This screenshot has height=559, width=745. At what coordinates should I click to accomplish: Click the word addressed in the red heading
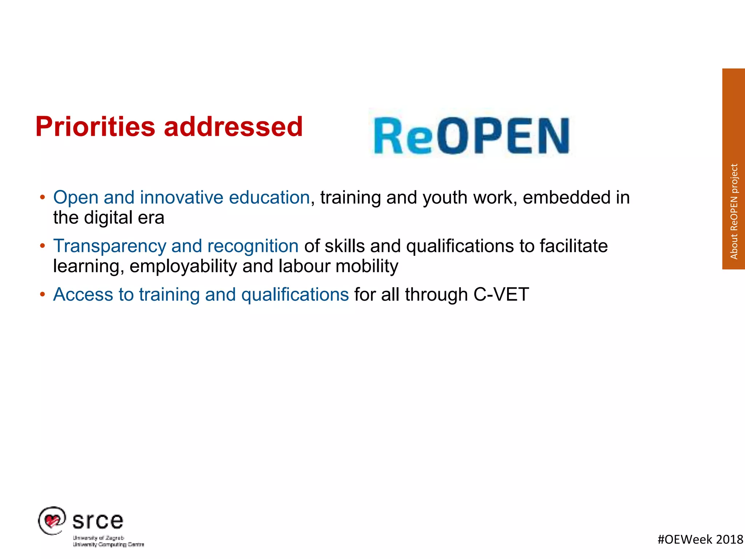point(233,127)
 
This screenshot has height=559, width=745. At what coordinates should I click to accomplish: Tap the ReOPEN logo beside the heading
point(471,136)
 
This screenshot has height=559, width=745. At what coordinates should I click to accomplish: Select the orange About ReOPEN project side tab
point(733,169)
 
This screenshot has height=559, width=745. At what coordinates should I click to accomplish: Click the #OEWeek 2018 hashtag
point(700,539)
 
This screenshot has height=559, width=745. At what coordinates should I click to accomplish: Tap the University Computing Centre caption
point(108,544)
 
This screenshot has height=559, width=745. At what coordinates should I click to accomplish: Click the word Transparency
point(109,246)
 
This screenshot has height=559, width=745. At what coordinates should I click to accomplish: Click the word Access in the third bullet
point(83,294)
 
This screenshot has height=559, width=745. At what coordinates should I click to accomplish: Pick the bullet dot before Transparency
point(43,246)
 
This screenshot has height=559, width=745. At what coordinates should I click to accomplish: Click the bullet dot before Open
point(43,197)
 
